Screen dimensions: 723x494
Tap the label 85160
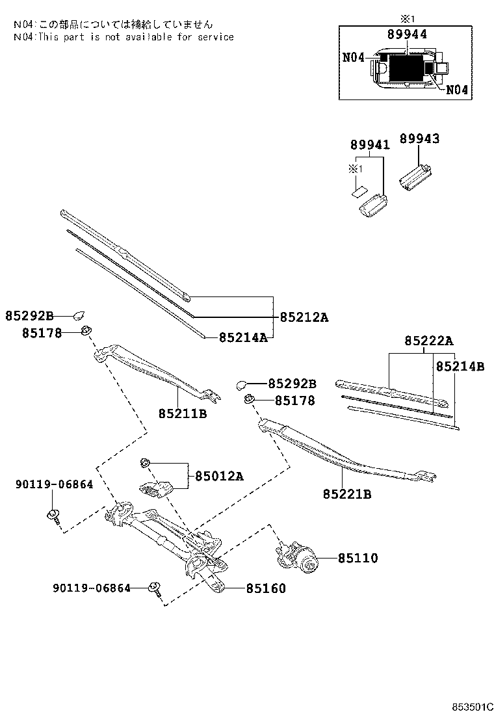265,588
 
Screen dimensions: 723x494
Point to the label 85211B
182,413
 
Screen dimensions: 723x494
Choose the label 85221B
346,494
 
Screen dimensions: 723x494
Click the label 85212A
304,317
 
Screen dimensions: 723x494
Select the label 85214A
243,337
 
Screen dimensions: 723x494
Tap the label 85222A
429,341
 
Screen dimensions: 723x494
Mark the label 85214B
460,367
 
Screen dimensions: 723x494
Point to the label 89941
370,145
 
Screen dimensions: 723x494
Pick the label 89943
419,138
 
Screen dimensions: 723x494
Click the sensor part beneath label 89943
416,177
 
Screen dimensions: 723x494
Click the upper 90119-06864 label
54,484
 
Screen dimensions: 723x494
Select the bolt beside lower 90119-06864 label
155,588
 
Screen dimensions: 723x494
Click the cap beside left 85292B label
80,316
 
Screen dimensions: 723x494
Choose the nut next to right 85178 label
248,399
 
